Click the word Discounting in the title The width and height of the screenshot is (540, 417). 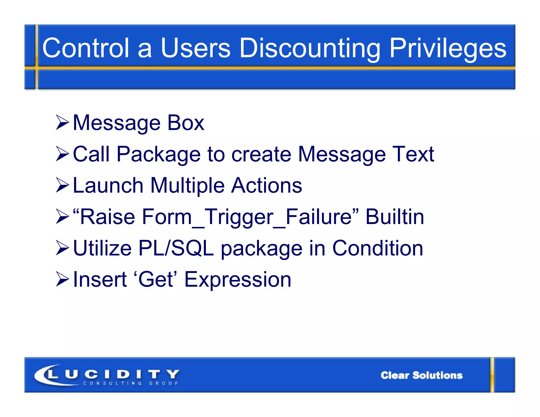click(x=310, y=48)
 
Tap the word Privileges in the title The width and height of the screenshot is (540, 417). click(x=448, y=48)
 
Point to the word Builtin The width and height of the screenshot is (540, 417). click(x=395, y=217)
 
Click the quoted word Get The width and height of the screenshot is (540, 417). click(x=156, y=279)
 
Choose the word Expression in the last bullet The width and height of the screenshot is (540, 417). click(x=238, y=279)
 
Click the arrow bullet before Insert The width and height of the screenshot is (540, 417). click(x=62, y=279)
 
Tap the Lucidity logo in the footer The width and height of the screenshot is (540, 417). click(x=107, y=374)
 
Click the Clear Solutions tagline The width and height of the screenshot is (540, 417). click(x=421, y=375)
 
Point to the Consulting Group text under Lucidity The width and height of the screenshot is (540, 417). click(x=131, y=383)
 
